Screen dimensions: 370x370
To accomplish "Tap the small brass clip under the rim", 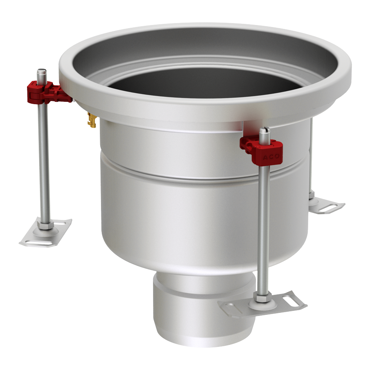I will coord(92,119).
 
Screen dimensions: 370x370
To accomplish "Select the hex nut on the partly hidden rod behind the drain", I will coord(312,194).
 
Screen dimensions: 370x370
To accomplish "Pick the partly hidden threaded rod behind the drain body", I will coord(311,157).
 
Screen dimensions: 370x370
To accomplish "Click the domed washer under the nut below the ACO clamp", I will coord(262,303).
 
